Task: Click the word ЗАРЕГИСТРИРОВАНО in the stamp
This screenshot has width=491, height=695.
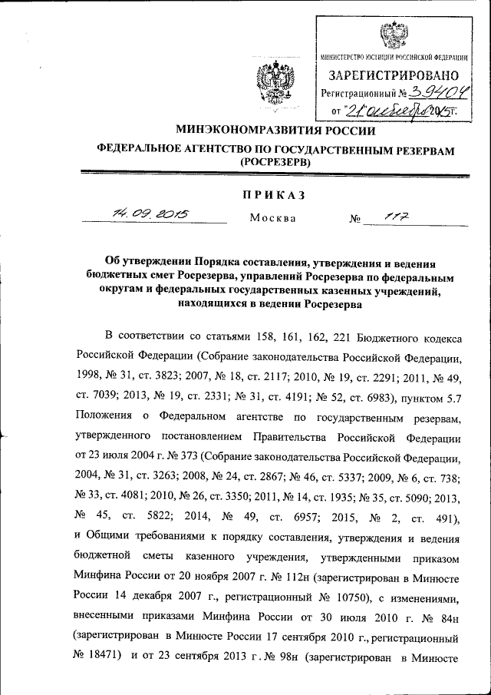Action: tap(394, 75)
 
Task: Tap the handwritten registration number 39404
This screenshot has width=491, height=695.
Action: tap(434, 94)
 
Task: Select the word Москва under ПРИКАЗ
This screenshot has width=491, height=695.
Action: tap(273, 218)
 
